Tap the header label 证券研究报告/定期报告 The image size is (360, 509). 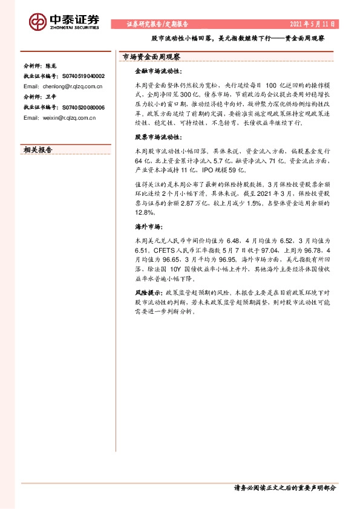tap(158, 25)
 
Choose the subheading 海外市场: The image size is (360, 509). tap(146, 227)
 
